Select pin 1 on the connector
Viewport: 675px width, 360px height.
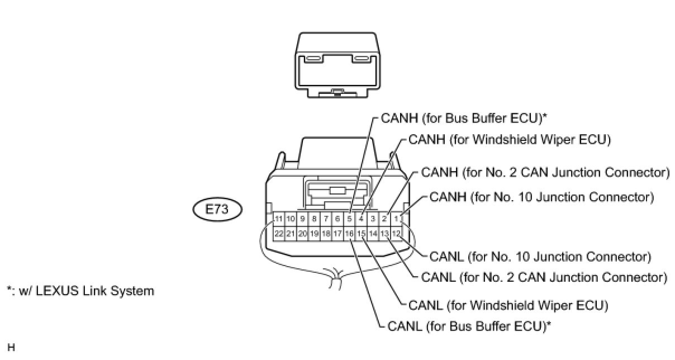pyautogui.click(x=396, y=219)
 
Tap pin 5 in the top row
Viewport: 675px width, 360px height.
pyautogui.click(x=349, y=219)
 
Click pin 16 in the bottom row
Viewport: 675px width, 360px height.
pyautogui.click(x=349, y=233)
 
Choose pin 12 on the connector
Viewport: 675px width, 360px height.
pyautogui.click(x=396, y=233)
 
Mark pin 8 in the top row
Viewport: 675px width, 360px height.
pyautogui.click(x=314, y=219)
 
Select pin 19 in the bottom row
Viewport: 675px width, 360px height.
pyautogui.click(x=314, y=233)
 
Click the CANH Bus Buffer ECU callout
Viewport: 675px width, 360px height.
pyautogui.click(x=463, y=118)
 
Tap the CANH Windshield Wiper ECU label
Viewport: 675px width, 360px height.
pyautogui.click(x=509, y=140)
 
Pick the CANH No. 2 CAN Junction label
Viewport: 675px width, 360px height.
pyautogui.click(x=545, y=172)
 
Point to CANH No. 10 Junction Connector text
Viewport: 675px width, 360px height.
pyautogui.click(x=541, y=197)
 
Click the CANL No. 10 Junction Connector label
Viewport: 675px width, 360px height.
pyautogui.click(x=540, y=257)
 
